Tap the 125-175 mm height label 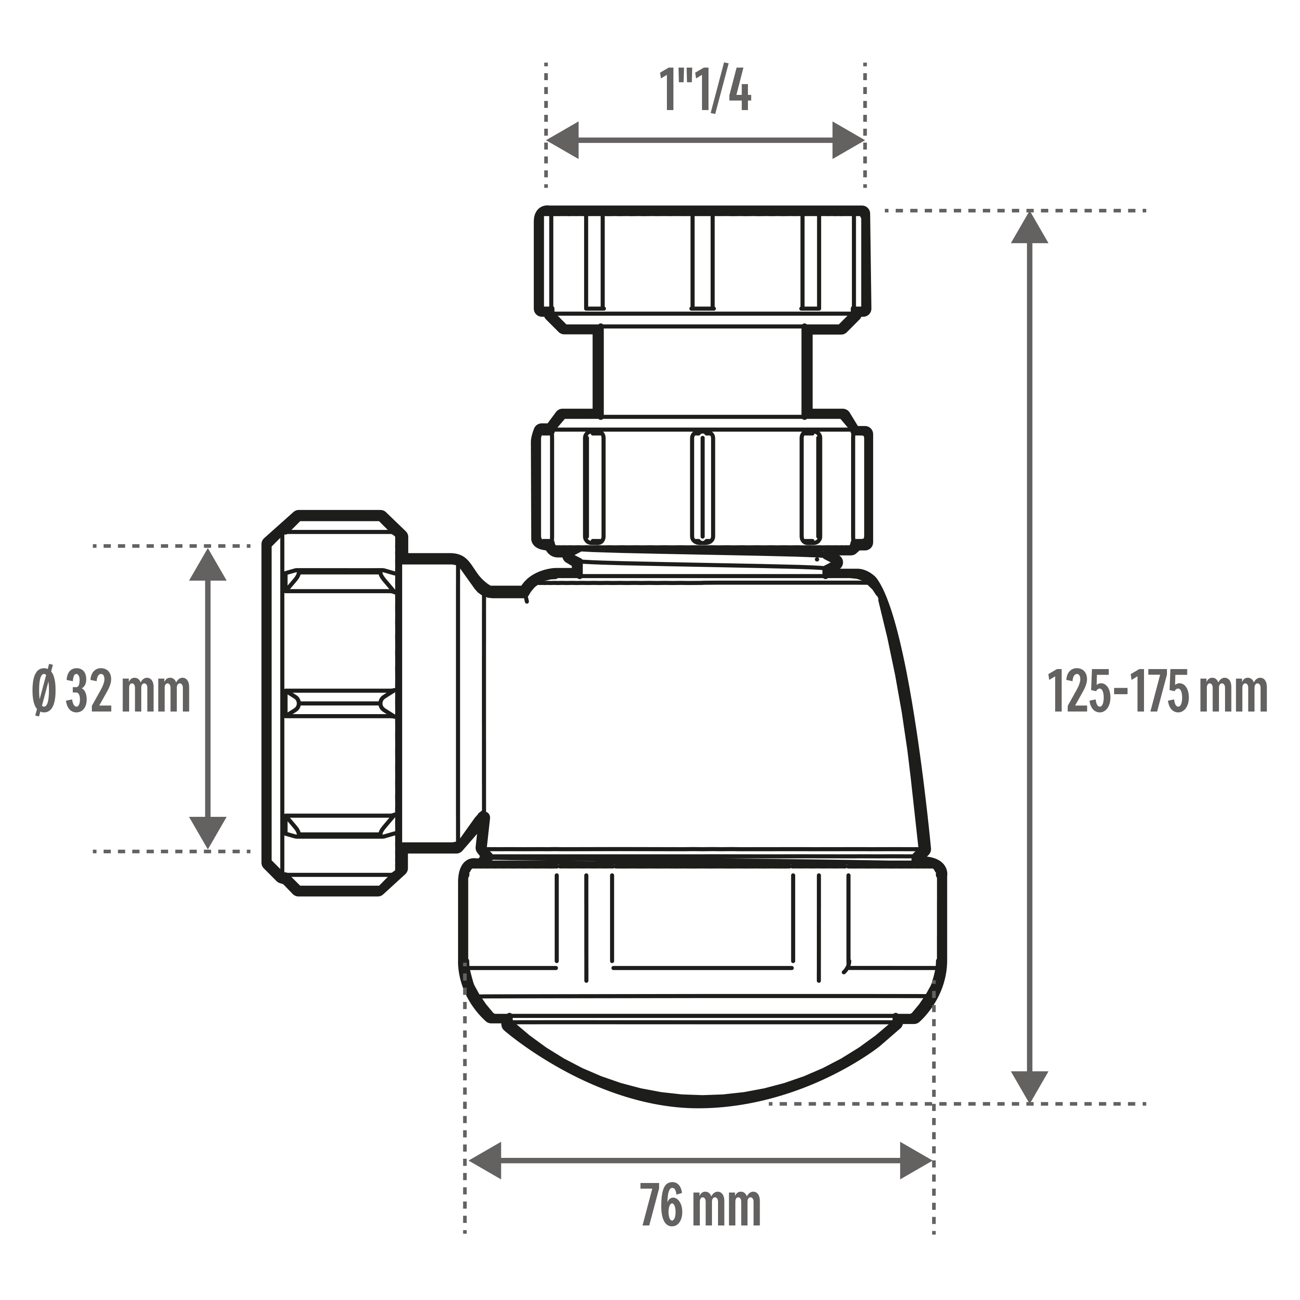(x=1157, y=691)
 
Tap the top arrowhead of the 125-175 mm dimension (x=1030, y=227)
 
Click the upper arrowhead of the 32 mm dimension (x=207, y=564)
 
